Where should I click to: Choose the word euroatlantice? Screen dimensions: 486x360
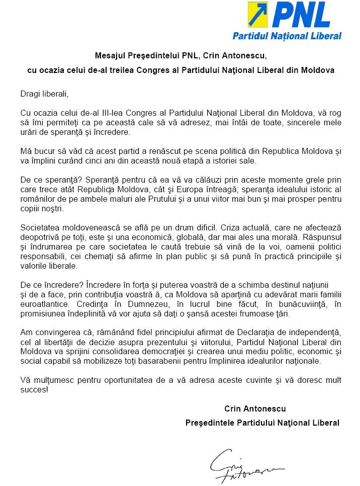(x=45, y=304)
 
